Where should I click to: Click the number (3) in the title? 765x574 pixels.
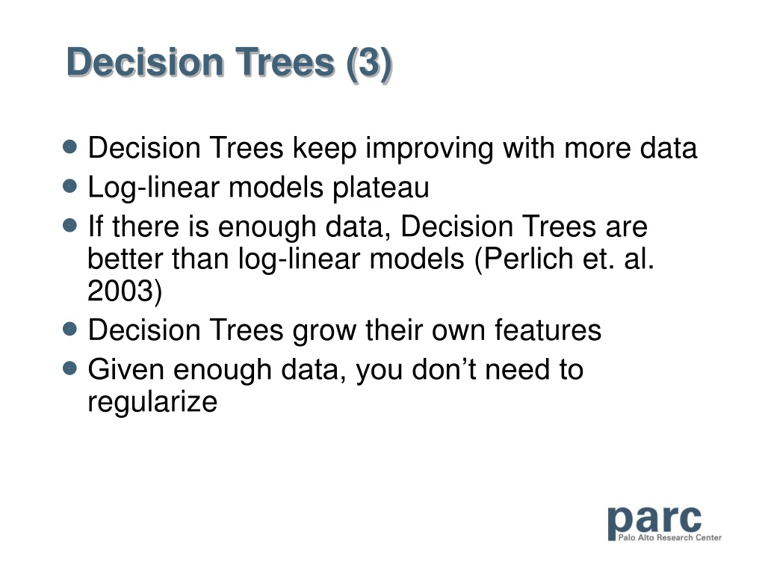(x=369, y=64)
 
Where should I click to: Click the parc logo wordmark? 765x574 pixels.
(x=654, y=521)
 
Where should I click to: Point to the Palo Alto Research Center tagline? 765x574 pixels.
(x=670, y=537)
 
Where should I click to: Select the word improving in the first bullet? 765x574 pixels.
(x=430, y=149)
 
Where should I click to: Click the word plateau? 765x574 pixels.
(x=380, y=188)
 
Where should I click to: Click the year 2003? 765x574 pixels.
(x=120, y=291)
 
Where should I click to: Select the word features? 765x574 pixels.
(x=548, y=330)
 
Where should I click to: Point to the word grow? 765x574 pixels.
(x=324, y=331)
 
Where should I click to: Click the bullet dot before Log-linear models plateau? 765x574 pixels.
(x=70, y=186)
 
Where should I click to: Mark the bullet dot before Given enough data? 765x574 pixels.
(x=70, y=368)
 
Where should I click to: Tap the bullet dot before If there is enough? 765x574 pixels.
(x=70, y=225)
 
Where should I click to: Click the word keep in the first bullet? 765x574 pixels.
(x=324, y=149)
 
